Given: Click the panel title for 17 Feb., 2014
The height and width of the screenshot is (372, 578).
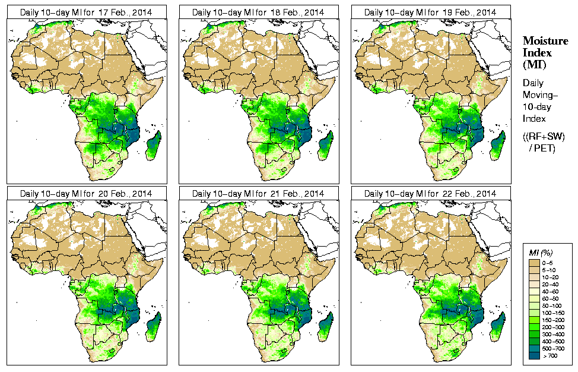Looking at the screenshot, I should point(86,12).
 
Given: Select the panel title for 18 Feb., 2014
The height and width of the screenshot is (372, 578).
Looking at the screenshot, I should point(258,12).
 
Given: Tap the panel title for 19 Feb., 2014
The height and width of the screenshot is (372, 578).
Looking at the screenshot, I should point(430,12).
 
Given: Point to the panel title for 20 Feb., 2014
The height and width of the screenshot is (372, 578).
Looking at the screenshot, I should point(86,194).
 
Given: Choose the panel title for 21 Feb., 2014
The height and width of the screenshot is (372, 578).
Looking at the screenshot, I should point(258,194).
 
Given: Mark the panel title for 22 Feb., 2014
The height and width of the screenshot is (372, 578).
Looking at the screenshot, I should point(430,194).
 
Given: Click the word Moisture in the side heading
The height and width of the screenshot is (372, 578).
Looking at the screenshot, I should point(545,40).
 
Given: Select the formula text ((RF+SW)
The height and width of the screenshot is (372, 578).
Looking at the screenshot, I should point(543,137).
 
